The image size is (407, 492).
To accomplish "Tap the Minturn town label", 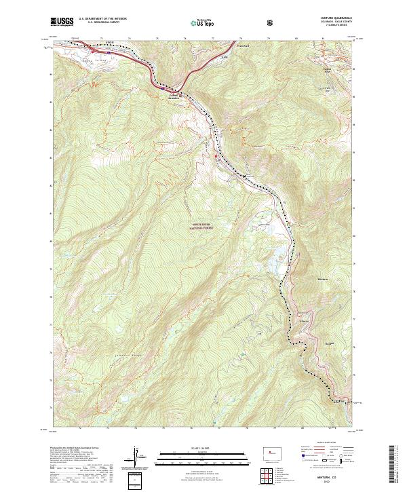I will (x=323, y=280).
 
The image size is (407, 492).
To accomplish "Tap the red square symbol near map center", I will (x=216, y=157).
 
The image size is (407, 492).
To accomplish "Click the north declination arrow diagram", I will (x=136, y=455).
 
